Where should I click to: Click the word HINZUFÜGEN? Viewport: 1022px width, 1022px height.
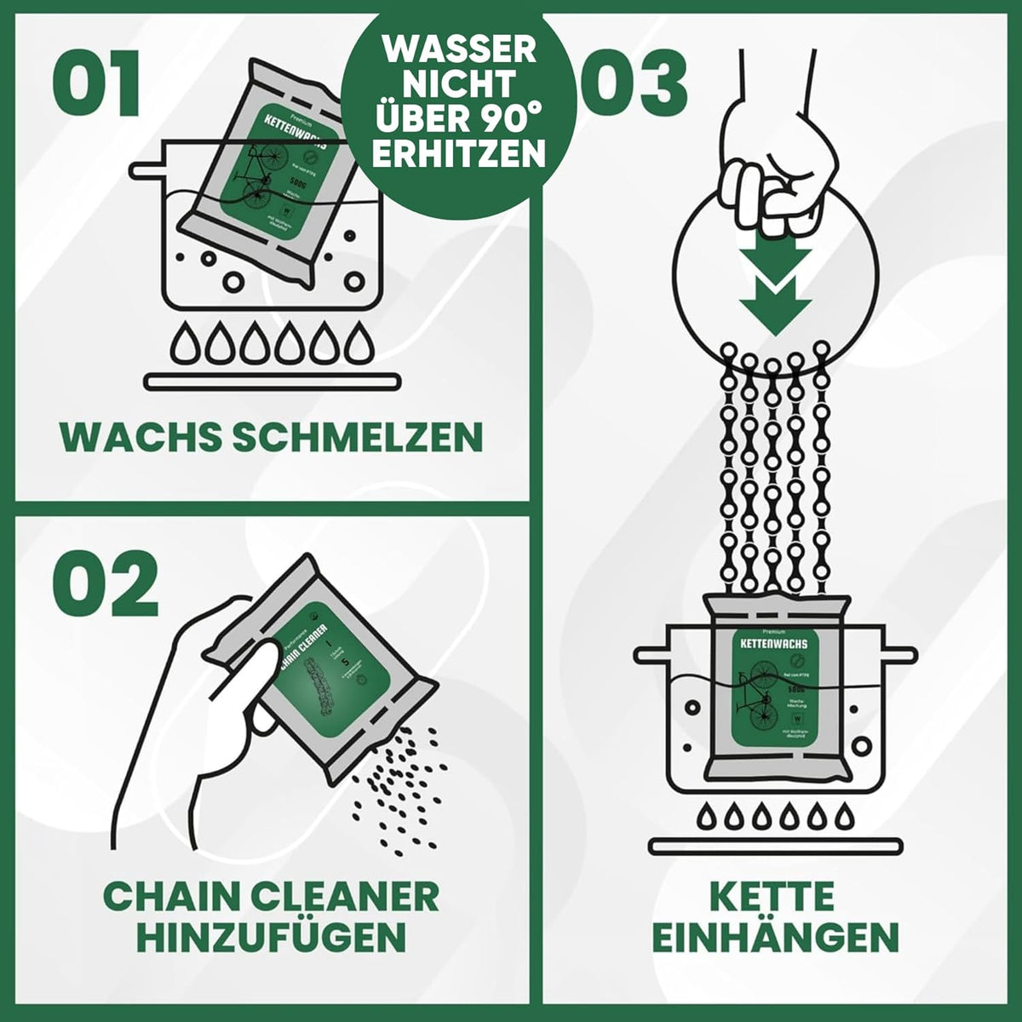click(x=271, y=938)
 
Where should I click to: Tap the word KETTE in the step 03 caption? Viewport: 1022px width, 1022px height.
click(x=772, y=898)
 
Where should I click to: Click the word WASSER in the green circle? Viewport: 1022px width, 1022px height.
click(x=460, y=49)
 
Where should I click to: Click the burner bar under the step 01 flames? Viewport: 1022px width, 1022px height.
click(x=273, y=382)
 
